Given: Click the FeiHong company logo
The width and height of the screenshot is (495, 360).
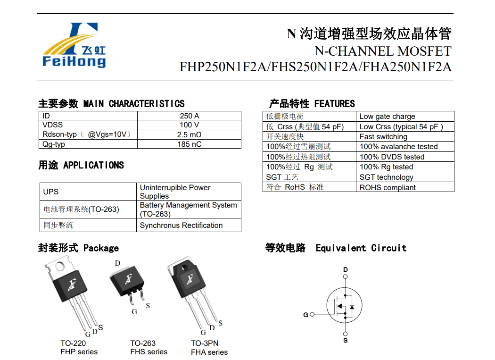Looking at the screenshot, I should pos(74,45).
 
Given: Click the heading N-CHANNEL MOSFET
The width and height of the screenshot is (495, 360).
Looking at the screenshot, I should pos(382,51).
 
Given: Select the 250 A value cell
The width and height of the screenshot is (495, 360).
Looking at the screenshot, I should pos(189,116).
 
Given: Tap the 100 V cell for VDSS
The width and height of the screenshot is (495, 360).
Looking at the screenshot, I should pos(189,125).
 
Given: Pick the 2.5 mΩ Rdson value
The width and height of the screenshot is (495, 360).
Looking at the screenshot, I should pos(189,134).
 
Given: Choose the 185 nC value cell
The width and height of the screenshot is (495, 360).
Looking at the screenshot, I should pos(189,144).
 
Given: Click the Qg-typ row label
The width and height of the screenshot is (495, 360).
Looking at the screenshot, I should pos(54,144).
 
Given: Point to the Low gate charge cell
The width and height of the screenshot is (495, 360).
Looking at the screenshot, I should pos(387,117).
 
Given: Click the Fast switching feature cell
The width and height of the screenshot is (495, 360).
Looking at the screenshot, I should pos(383,137).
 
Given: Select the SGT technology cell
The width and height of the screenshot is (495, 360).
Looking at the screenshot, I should pos(386,177).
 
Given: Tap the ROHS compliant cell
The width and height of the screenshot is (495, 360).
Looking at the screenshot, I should pos(388,188).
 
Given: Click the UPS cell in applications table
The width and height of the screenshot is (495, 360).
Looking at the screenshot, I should pos(51,192).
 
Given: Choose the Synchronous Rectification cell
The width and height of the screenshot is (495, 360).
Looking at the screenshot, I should pos(181,226).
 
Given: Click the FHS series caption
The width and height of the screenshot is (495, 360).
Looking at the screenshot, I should pos(148,352).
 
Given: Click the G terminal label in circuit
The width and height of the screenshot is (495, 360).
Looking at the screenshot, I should pos(305,315).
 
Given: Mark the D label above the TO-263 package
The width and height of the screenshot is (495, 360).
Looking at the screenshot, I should pos(118,263).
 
